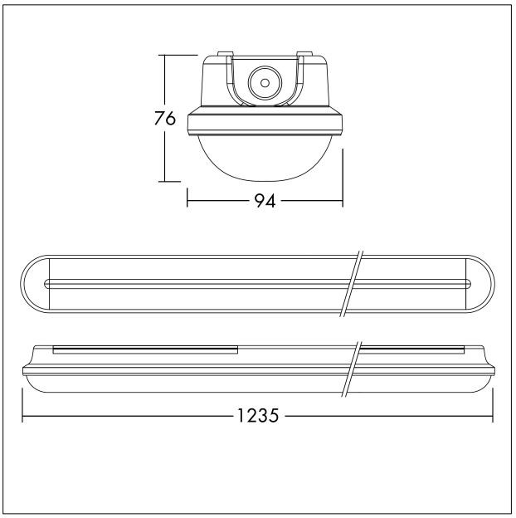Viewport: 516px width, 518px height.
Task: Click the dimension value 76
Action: coord(164,119)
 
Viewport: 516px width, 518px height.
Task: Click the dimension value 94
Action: coord(265,200)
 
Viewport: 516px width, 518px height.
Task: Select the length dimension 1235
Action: coord(257,413)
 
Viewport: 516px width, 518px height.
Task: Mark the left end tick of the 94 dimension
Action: coord(187,200)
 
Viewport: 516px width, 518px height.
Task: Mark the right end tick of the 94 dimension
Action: coord(343,200)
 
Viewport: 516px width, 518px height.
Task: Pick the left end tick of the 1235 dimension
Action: coord(22,413)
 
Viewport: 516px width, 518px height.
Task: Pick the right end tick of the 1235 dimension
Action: coord(493,413)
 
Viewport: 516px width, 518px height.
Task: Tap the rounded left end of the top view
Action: coord(32,283)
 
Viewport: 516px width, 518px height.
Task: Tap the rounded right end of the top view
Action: coord(484,283)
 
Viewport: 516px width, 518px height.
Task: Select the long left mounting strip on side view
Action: coord(145,349)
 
